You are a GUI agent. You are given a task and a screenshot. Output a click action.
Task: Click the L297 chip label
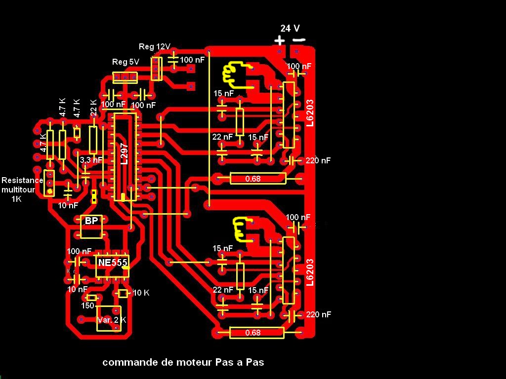pyautogui.click(x=124, y=153)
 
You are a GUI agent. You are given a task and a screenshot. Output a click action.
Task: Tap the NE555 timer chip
pyautogui.click(x=112, y=263)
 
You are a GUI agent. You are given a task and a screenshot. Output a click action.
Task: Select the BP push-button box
pyautogui.click(x=91, y=221)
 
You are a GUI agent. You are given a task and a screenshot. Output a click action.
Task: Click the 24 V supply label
pyautogui.click(x=290, y=29)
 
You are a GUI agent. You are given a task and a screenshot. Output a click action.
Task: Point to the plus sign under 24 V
pyautogui.click(x=280, y=40)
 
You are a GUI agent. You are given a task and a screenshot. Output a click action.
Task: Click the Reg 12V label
pyautogui.click(x=155, y=47)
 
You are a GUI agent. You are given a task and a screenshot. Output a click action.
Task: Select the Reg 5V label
pyautogui.click(x=126, y=62)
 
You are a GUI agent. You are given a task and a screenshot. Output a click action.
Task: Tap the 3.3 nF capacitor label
pyautogui.click(x=91, y=160)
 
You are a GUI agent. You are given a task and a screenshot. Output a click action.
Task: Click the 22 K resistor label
pyautogui.click(x=93, y=108)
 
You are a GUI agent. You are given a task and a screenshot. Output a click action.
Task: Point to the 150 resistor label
pyautogui.click(x=87, y=306)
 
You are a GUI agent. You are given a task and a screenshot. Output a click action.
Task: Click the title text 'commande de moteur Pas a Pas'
pyautogui.click(x=183, y=362)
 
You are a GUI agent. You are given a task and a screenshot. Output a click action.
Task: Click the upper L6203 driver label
pyautogui.click(x=310, y=113)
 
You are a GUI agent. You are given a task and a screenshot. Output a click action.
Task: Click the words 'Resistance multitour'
pyautogui.click(x=22, y=185)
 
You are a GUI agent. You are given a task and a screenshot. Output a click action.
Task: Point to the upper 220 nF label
pyautogui.click(x=318, y=160)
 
